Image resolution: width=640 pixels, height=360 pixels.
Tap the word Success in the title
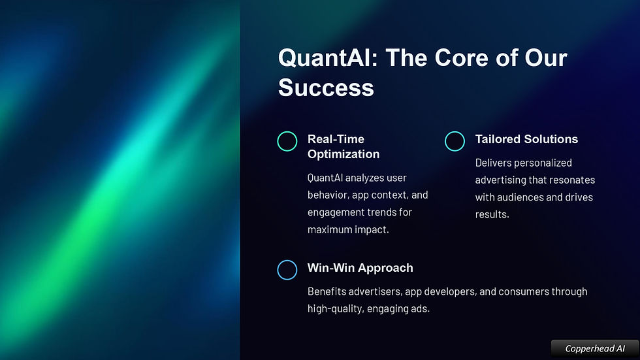tap(326, 88)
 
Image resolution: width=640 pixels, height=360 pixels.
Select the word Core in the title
tap(461, 57)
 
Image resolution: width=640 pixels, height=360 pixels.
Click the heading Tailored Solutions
tap(526, 139)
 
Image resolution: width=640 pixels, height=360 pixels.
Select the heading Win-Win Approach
tap(360, 268)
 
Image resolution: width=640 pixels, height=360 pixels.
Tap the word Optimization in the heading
tap(344, 154)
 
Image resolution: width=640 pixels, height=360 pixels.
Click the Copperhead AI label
tap(595, 349)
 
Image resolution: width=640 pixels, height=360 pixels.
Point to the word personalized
tap(549, 163)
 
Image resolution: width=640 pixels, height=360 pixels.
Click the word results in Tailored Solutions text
tap(491, 214)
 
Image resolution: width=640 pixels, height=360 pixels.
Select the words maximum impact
tap(347, 230)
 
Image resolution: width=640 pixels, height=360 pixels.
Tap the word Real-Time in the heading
tap(336, 139)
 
